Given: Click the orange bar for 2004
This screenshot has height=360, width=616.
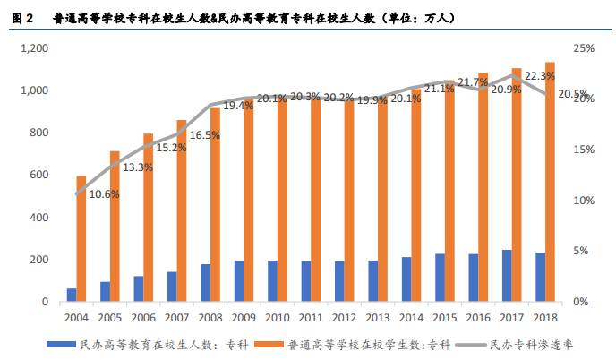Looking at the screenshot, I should click(x=81, y=239).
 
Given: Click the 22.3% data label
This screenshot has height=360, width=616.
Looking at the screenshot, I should click(x=538, y=77).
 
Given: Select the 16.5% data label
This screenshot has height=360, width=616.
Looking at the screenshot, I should click(x=206, y=135).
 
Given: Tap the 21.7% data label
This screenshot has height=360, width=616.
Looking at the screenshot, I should click(x=473, y=82).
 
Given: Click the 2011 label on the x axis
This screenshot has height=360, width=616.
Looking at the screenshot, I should click(x=311, y=318).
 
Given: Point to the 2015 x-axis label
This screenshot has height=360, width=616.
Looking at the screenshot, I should click(x=445, y=318).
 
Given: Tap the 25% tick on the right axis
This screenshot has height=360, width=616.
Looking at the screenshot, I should click(x=585, y=48).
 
